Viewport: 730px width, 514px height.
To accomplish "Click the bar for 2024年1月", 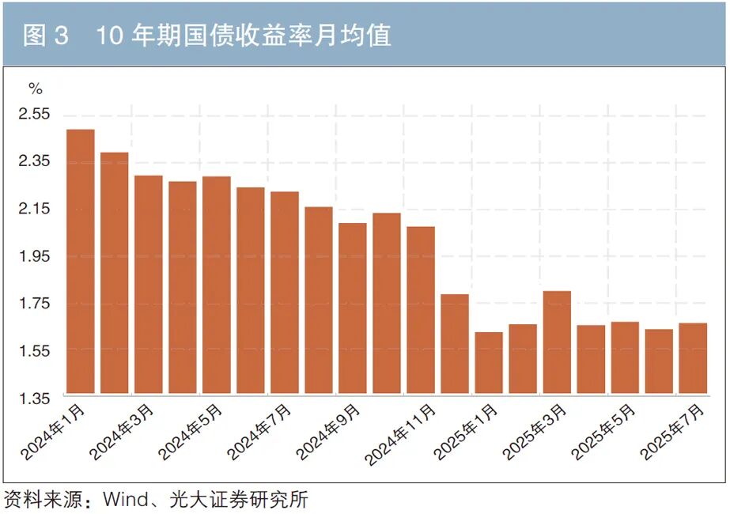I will tap(81, 261).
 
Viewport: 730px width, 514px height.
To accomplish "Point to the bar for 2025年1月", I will tap(489, 363).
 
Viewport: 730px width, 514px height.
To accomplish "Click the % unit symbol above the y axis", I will tap(36, 88).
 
